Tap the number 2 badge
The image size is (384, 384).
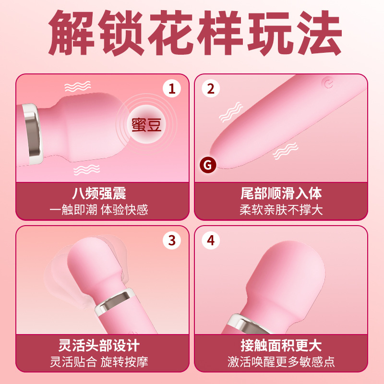[211, 88]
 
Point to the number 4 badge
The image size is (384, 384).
[211, 240]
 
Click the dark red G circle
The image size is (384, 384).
[208, 165]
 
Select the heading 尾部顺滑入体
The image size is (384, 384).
[281, 194]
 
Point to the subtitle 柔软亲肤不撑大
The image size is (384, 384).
[281, 210]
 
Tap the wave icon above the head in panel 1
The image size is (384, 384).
[77, 87]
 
